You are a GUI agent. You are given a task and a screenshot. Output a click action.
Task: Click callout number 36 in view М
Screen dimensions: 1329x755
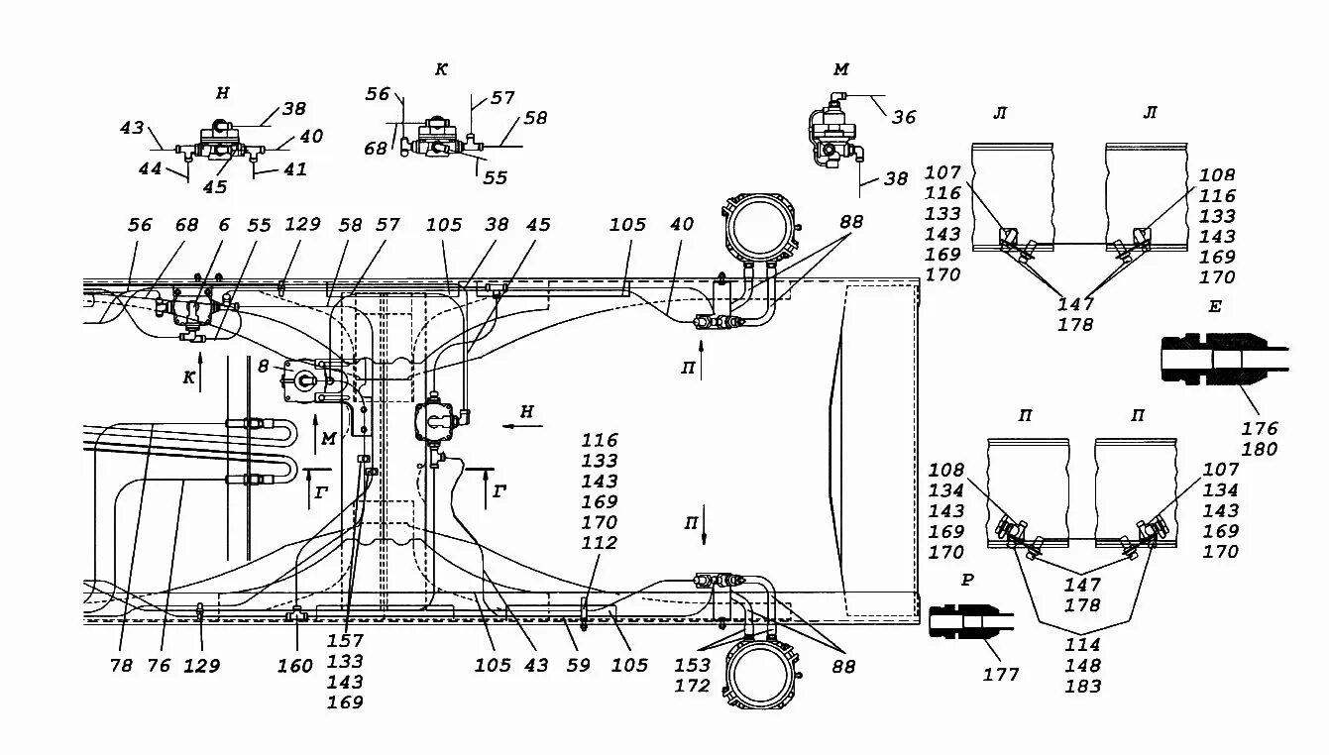point(904,117)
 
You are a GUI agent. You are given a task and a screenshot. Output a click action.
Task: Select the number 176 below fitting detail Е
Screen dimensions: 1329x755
point(1260,428)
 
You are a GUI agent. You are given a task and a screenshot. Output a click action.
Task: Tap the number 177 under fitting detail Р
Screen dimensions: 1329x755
point(1000,675)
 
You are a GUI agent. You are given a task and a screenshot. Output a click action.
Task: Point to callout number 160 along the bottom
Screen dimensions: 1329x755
point(295,666)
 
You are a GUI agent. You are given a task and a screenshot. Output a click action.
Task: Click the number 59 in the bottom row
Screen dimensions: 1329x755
point(578,665)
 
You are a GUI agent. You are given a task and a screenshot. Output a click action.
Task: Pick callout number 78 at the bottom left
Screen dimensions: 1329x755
point(122,666)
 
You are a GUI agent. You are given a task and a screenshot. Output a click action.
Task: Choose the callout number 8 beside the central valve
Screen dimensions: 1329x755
point(264,367)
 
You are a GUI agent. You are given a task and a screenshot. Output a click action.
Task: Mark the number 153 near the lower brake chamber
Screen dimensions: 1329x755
point(692,665)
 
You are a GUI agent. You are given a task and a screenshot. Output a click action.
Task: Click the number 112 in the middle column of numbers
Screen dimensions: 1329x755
point(600,542)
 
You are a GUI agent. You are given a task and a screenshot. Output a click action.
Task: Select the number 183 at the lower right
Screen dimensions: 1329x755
point(1083,686)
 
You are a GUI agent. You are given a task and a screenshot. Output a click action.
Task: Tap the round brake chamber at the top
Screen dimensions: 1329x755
point(759,229)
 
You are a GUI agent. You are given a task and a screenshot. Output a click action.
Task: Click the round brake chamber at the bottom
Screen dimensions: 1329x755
point(760,676)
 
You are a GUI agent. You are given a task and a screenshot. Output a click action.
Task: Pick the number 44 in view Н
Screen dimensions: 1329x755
point(150,169)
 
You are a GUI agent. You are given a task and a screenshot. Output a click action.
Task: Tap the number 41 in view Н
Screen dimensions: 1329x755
point(295,169)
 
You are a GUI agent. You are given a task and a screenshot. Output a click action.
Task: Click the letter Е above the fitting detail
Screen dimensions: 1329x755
point(1214,306)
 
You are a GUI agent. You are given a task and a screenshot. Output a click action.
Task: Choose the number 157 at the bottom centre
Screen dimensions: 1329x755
point(345,640)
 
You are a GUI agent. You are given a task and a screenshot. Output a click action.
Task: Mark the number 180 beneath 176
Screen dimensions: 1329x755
point(1260,449)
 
